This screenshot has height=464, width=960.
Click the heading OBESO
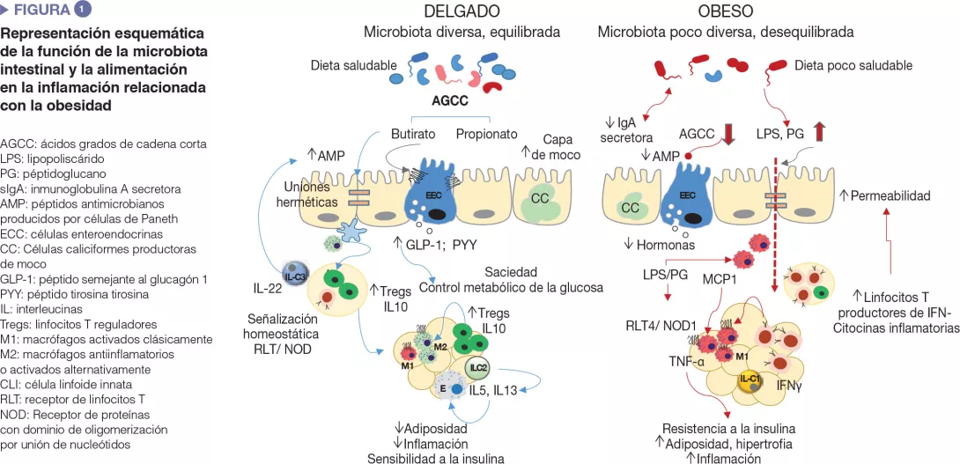tap(725, 11)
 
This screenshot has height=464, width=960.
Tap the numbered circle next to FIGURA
tap(82, 10)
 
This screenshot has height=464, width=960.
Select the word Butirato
tap(414, 135)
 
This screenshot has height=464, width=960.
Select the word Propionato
tap(486, 135)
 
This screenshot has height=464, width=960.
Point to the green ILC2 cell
tap(477, 345)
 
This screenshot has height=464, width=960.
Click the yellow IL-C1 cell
tap(750, 380)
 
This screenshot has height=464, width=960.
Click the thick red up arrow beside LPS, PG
tap(820, 134)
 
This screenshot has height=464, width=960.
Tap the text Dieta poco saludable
tap(853, 66)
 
